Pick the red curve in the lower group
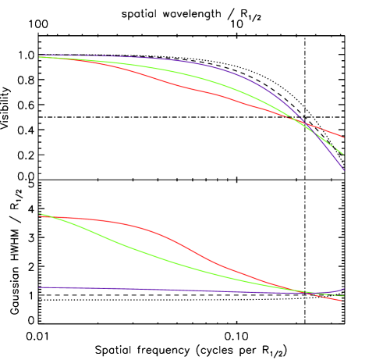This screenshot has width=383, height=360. pyautogui.click(x=195, y=251)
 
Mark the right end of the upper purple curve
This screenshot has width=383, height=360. pyautogui.click(x=343, y=169)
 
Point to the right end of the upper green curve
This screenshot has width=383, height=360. pyautogui.click(x=343, y=155)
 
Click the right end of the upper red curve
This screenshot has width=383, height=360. pyautogui.click(x=343, y=137)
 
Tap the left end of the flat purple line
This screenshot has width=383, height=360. pyautogui.click(x=40, y=287)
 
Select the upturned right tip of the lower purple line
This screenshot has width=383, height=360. pyautogui.click(x=343, y=289)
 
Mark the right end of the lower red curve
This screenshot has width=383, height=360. pyautogui.click(x=342, y=301)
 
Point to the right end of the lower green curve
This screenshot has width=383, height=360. pyautogui.click(x=343, y=296)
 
